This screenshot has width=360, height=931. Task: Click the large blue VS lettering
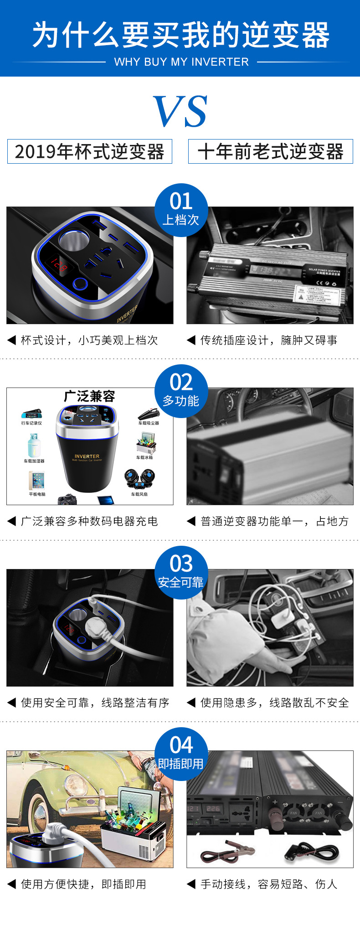[x=180, y=111]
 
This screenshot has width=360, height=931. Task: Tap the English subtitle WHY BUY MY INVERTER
[x=181, y=62]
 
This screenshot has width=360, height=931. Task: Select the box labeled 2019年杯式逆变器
[x=90, y=151]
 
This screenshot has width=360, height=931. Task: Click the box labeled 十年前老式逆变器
[x=270, y=151]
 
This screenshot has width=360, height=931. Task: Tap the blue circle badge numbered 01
[x=181, y=210]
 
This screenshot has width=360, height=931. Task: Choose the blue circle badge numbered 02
[x=181, y=391]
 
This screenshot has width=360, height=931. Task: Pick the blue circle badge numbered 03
[x=181, y=572]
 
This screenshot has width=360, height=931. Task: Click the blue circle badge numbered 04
[x=181, y=753]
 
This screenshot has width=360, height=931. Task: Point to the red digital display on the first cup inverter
[x=59, y=265]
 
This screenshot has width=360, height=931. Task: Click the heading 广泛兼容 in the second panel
[x=89, y=396]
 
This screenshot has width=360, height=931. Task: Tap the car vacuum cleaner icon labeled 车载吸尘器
[x=149, y=414]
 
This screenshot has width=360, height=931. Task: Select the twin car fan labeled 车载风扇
[x=139, y=479]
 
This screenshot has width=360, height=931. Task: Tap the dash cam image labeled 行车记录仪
[x=31, y=414]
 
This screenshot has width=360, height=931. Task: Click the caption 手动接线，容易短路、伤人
[x=269, y=884]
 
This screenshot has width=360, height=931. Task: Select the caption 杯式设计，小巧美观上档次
[x=89, y=340]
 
